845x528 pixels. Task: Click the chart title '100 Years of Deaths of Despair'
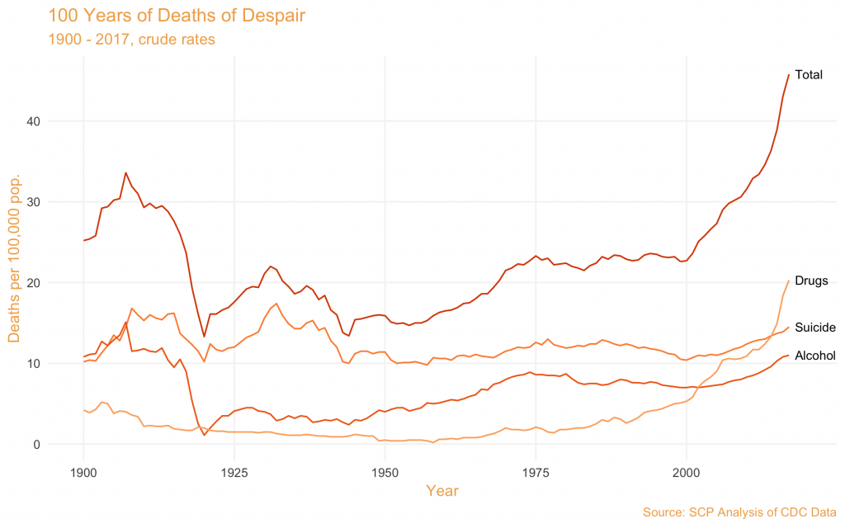[165, 15]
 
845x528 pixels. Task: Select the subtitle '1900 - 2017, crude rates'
[126, 39]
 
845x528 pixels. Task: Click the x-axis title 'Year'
[442, 491]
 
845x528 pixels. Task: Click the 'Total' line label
[809, 75]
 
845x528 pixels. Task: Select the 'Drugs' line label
[811, 280]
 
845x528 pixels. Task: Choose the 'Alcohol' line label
[815, 356]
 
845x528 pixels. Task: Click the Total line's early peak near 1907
[125, 172]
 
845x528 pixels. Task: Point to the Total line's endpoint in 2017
[789, 74]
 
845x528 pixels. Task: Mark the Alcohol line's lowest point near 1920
[205, 435]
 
